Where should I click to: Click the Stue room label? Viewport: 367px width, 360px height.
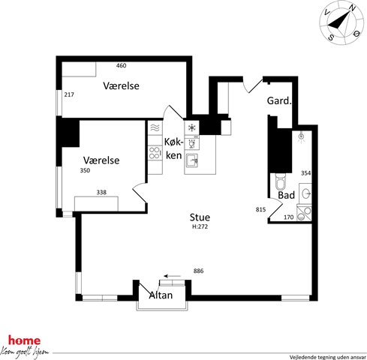tap(200, 217)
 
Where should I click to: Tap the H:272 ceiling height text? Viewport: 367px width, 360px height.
tap(200, 226)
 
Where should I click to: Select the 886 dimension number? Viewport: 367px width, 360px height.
tap(199, 271)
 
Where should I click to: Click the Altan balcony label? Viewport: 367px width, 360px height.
tap(161, 295)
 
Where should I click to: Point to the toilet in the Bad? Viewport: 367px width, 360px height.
tap(280, 182)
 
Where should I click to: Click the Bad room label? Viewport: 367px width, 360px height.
tap(287, 195)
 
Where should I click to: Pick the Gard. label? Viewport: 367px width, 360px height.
tap(279, 100)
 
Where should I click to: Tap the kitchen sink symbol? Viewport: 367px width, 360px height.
tap(192, 160)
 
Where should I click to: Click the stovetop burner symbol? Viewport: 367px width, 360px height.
tap(155, 153)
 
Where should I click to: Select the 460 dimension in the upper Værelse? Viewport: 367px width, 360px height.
tap(121, 65)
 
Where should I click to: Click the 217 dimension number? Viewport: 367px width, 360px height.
tap(69, 94)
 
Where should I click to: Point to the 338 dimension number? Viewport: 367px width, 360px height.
tap(101, 192)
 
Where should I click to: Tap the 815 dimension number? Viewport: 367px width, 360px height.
tap(260, 209)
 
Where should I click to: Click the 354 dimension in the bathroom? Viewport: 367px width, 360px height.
tap(305, 173)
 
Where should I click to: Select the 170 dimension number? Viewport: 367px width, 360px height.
tap(289, 217)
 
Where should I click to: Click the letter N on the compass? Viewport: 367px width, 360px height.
tap(353, 9)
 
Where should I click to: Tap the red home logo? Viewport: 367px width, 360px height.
tap(24, 340)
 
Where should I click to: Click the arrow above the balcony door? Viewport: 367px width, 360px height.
tap(173, 276)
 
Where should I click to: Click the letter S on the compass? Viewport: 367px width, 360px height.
tap(331, 37)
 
